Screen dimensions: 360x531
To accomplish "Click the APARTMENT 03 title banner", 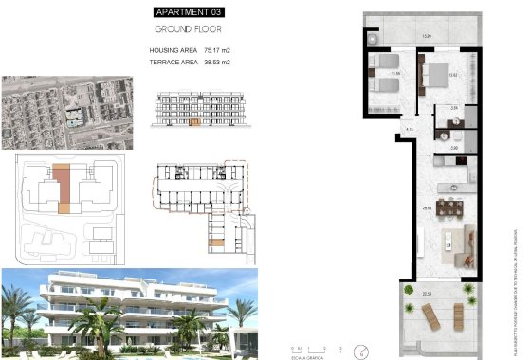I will click(191, 12).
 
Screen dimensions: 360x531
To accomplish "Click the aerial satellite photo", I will click(65, 111).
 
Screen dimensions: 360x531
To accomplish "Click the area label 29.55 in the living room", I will click(429, 207).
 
